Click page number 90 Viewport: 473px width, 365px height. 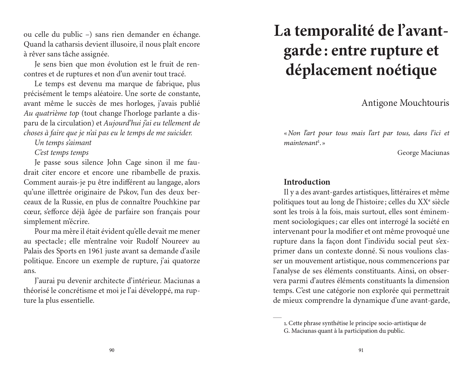(112, 350)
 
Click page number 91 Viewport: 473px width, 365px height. (361, 350)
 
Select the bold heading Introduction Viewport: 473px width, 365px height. (307, 182)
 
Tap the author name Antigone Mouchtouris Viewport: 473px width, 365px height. (405, 103)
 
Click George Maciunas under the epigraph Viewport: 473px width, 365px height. (423, 152)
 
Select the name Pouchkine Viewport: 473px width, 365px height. (170, 202)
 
